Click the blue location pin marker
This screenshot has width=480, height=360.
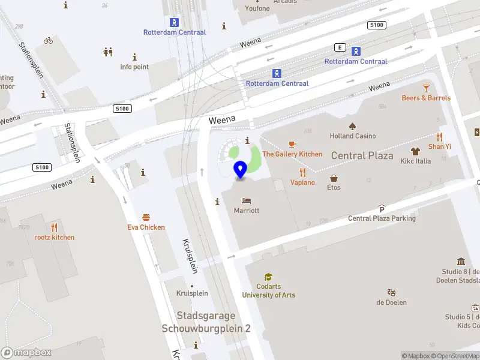point(241,170)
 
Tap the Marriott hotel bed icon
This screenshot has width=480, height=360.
point(247,200)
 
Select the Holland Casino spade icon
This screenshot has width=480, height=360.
point(353,125)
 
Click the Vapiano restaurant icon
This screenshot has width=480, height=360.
point(302,172)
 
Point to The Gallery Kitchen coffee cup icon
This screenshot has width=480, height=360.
point(292,144)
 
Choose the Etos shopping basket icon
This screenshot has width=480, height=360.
point(334,178)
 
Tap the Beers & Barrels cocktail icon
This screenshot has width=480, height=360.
point(426,88)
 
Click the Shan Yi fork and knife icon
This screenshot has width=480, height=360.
point(439,136)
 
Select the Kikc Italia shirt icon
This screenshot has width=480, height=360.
point(415,151)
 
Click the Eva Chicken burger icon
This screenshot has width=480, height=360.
point(146,217)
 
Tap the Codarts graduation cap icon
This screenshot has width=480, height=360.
point(268,277)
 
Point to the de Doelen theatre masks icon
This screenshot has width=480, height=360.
point(391,292)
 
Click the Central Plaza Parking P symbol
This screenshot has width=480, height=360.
point(382,209)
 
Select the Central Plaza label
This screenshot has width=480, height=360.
point(362,156)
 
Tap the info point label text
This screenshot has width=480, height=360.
point(134,67)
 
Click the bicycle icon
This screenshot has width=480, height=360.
point(48,41)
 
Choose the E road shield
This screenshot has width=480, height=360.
point(341,47)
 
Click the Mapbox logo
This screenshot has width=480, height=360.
point(26,352)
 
